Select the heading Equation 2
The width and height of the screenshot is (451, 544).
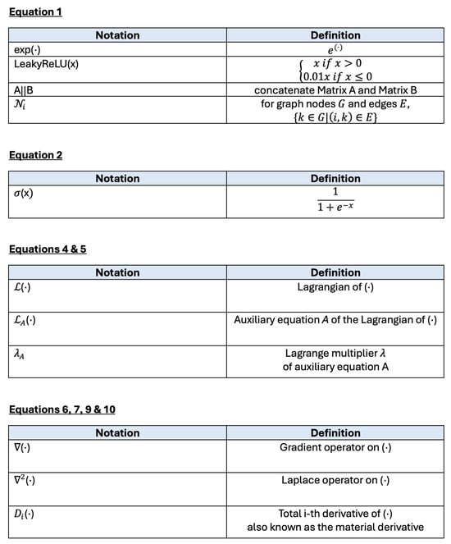35,155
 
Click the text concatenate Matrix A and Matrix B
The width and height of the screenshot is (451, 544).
335,90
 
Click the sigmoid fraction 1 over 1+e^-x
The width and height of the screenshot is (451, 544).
335,204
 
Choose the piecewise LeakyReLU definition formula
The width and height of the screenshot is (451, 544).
335,70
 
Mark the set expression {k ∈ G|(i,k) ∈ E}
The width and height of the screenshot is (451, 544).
335,117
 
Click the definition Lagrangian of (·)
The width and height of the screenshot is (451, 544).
335,288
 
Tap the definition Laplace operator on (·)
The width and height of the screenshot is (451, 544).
335,479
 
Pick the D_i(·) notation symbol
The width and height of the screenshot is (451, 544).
25,514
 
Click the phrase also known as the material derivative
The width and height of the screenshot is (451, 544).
335,526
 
